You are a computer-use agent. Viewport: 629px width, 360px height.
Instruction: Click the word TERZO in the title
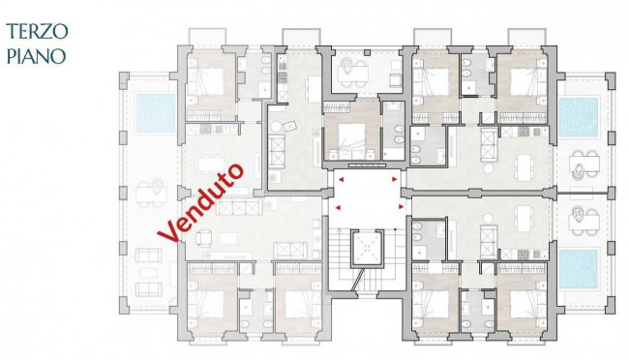click(37, 31)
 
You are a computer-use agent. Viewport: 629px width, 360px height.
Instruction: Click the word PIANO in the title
click(36, 56)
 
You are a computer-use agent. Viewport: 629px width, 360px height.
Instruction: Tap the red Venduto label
click(200, 202)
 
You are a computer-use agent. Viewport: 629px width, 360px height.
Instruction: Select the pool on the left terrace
click(156, 113)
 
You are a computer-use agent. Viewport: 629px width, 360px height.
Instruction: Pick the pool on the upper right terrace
click(579, 116)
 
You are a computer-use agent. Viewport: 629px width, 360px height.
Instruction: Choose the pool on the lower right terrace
click(579, 269)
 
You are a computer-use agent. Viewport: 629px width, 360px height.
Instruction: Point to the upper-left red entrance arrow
click(341, 179)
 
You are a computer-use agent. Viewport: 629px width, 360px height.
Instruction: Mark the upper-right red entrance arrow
click(395, 179)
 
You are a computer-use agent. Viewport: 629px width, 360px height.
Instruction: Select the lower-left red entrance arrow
click(338, 207)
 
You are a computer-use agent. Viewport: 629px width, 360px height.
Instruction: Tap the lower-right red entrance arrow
click(401, 207)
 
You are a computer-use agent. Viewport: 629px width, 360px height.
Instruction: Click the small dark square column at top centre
click(367, 52)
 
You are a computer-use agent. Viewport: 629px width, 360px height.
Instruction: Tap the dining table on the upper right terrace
click(584, 164)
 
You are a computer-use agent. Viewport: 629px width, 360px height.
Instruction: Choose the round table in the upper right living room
click(488, 168)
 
